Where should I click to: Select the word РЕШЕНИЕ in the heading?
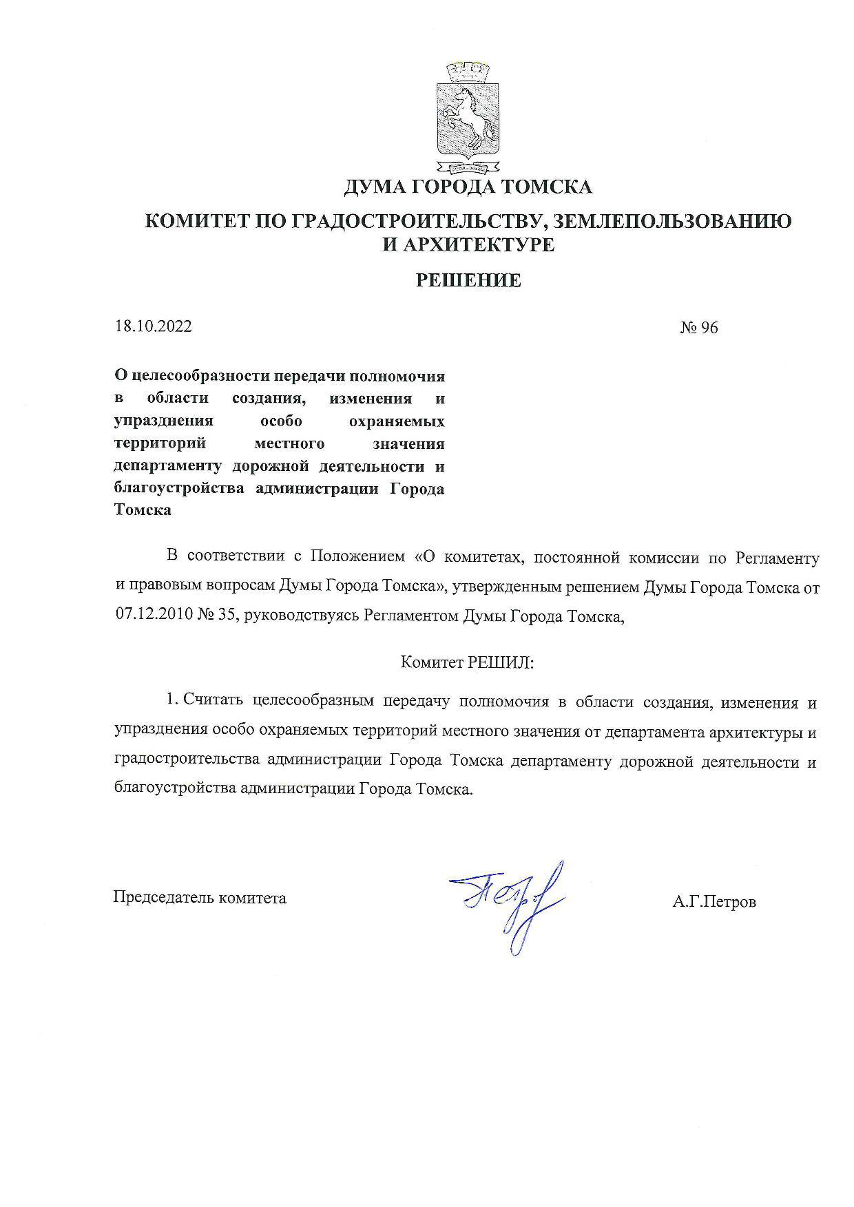click(x=468, y=280)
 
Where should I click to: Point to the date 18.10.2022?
click(x=153, y=326)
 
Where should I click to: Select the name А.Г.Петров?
click(x=714, y=901)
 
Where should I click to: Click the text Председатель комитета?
click(x=200, y=898)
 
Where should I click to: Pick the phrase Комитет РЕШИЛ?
click(x=468, y=662)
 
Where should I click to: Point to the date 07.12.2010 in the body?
click(x=153, y=616)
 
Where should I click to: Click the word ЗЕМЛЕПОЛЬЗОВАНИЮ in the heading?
click(x=672, y=222)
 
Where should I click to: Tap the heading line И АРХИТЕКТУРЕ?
click(x=468, y=244)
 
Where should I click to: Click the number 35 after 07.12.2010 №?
click(x=229, y=616)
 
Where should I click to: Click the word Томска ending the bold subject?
click(x=143, y=511)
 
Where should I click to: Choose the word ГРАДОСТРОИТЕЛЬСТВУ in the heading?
click(x=419, y=222)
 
